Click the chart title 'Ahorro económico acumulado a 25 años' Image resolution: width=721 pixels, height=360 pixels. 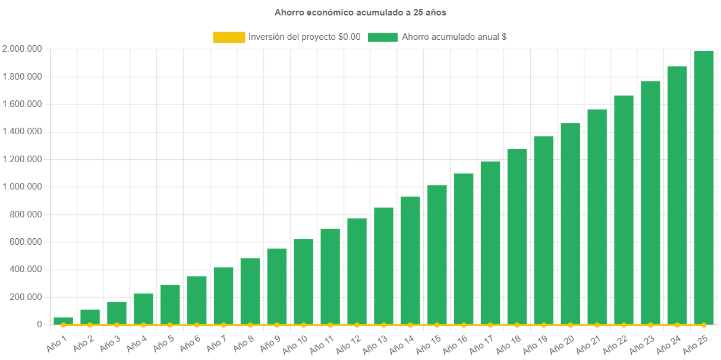(x=360, y=12)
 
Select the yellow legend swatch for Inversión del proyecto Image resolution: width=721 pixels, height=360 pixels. (x=229, y=37)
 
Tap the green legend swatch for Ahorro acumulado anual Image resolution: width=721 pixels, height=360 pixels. (x=383, y=37)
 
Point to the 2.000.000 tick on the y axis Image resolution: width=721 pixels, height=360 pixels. (x=22, y=49)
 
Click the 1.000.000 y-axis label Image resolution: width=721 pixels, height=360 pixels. (x=22, y=187)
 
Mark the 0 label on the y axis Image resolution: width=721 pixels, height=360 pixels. (x=39, y=324)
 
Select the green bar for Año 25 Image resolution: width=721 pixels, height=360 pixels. (x=704, y=187)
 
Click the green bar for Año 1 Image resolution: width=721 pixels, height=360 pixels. (x=63, y=321)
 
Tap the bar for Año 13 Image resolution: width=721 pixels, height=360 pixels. (x=383, y=266)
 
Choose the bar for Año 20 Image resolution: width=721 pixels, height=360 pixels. (x=570, y=223)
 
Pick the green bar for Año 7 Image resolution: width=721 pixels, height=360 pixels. (x=223, y=295)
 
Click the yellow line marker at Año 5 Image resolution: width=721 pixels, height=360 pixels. (x=170, y=325)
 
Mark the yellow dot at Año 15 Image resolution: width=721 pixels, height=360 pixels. (x=437, y=325)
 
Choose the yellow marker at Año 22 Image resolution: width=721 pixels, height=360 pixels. (x=624, y=325)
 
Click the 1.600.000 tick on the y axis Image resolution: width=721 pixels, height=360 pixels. (x=22, y=104)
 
